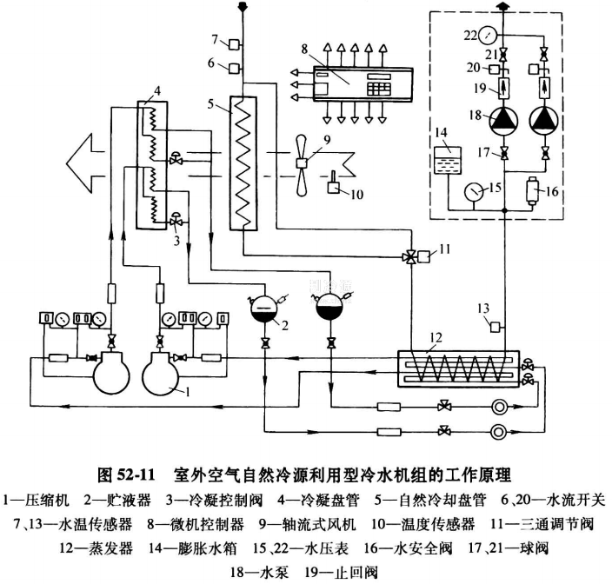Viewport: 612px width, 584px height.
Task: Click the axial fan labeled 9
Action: click(x=300, y=163)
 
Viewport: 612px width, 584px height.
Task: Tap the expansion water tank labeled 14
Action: click(x=448, y=163)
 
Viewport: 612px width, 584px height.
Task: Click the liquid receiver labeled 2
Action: click(x=263, y=309)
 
